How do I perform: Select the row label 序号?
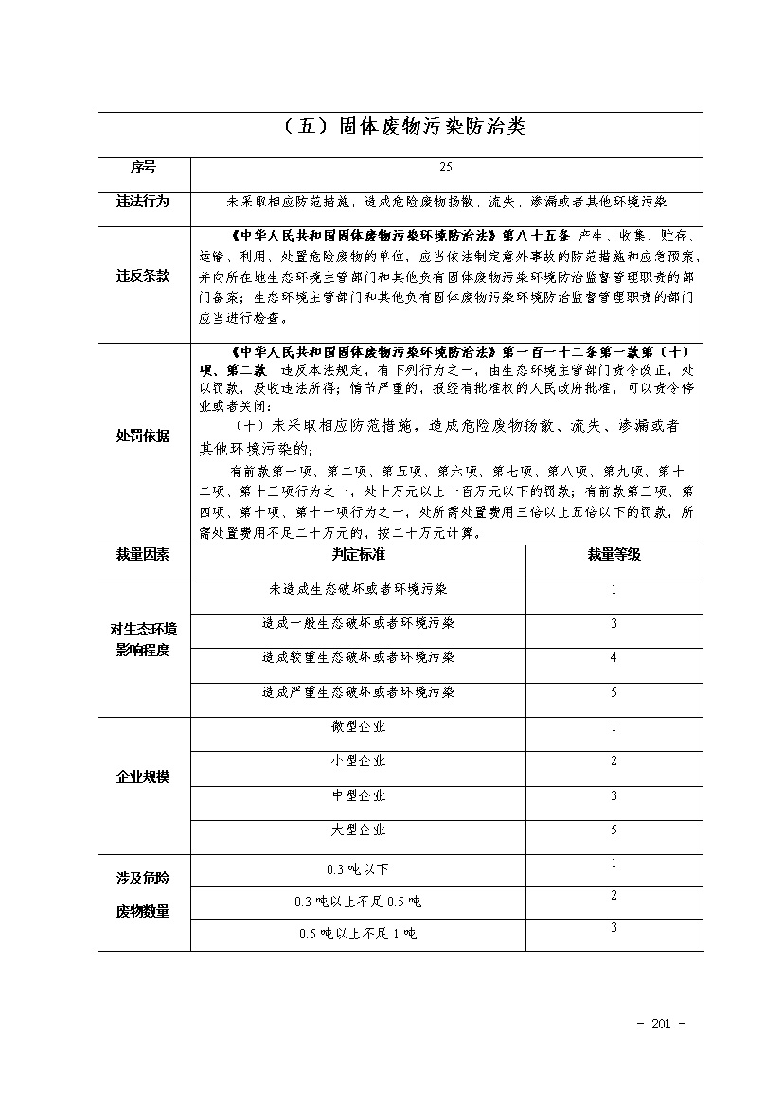(x=143, y=168)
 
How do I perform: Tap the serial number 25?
(x=446, y=168)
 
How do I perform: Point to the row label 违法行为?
(x=143, y=202)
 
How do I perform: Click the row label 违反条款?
(x=143, y=276)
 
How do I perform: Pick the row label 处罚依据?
(x=143, y=436)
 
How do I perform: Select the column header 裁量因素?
(x=143, y=555)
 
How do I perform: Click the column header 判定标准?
(x=358, y=555)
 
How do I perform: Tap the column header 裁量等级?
(x=614, y=555)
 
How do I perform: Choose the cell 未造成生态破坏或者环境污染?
(x=358, y=589)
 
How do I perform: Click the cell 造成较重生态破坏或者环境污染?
(x=358, y=657)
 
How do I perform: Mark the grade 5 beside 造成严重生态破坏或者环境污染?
(x=614, y=693)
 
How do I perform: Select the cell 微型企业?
(x=358, y=726)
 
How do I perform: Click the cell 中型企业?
(x=358, y=795)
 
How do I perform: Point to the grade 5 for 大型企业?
(x=614, y=830)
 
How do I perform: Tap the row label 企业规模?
(x=143, y=777)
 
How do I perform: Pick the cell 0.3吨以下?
(x=358, y=869)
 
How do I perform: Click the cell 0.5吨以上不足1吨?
(x=358, y=934)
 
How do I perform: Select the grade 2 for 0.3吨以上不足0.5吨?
(x=614, y=896)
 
